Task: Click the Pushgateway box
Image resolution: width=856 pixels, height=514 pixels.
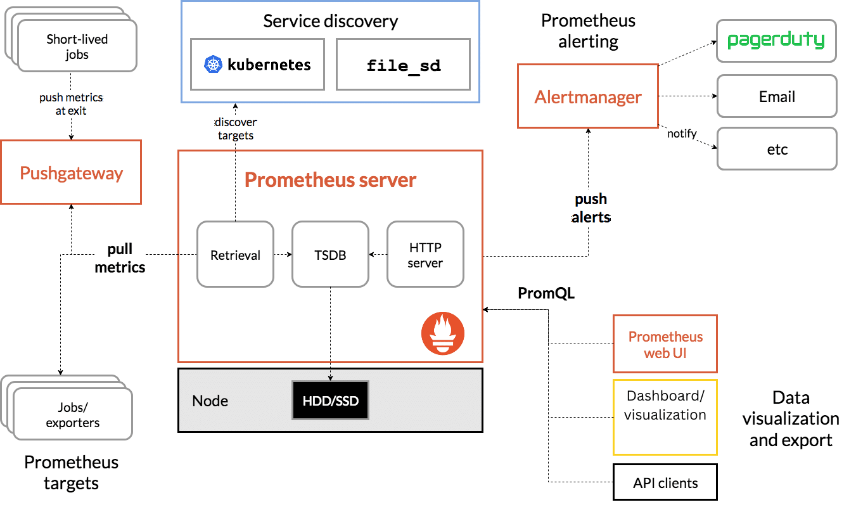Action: click(71, 173)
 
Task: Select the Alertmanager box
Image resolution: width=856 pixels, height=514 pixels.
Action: click(588, 97)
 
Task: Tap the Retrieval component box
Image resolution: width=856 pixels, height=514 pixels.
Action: click(235, 255)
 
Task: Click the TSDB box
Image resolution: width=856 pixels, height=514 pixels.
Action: click(330, 255)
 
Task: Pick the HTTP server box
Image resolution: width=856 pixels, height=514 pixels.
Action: click(425, 255)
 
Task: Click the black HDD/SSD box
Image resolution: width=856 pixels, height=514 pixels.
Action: click(330, 401)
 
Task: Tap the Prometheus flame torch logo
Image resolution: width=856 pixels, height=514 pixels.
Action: click(443, 333)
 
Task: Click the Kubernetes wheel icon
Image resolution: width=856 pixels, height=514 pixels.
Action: click(213, 65)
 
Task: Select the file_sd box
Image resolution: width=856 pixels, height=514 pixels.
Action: click(404, 65)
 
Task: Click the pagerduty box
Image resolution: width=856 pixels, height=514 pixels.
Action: click(776, 41)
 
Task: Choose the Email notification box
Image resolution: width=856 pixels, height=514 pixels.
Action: click(776, 96)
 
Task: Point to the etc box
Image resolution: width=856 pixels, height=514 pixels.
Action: click(776, 150)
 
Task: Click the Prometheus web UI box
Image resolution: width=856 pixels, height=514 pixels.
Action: click(665, 344)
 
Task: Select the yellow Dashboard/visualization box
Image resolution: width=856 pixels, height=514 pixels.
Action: click(665, 417)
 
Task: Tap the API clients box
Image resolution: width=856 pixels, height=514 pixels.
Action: click(665, 483)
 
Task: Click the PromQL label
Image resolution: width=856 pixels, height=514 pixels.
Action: click(546, 293)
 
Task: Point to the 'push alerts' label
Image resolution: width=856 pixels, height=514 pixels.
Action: click(591, 209)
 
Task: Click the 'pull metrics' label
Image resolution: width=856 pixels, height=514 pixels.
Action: click(120, 259)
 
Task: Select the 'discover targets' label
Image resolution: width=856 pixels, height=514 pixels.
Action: click(235, 129)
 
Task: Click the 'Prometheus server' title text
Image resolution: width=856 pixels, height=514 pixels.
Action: click(330, 180)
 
